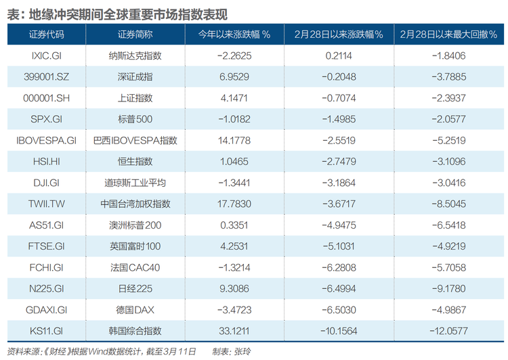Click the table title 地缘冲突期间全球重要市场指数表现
[128, 15]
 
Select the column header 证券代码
[47, 35]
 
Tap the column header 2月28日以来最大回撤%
[448, 35]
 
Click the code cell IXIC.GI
[47, 55]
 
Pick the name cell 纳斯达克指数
[135, 55]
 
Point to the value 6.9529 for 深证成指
[234, 76]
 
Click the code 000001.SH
[47, 98]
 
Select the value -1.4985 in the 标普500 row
[339, 119]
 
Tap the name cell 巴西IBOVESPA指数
[135, 141]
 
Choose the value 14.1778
[234, 141]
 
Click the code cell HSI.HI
[47, 162]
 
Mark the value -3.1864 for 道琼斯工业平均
[339, 183]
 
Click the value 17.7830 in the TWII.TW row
[234, 204]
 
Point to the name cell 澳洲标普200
[135, 225]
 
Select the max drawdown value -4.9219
[448, 246]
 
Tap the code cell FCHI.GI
[47, 268]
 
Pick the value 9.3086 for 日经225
[234, 289]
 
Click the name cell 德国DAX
[135, 310]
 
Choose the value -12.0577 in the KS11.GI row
[448, 331]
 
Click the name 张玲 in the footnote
[242, 352]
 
